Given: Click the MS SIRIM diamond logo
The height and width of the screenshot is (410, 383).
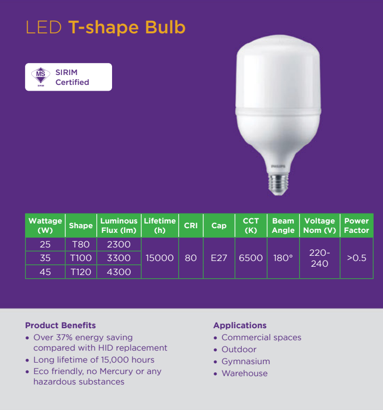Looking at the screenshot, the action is point(41,77).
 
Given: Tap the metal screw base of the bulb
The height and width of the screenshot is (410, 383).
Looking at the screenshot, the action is point(278,184).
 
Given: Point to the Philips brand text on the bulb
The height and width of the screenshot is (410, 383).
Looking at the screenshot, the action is point(278,166).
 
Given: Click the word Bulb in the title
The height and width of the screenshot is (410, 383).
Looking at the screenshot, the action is point(165,27).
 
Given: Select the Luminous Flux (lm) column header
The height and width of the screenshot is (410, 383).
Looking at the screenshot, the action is point(119,226).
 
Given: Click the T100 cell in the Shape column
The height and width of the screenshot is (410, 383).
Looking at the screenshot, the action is point(81,258).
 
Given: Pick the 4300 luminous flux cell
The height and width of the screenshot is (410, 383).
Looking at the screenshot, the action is point(119,272).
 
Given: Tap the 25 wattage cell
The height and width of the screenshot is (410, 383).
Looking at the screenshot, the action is point(45,244).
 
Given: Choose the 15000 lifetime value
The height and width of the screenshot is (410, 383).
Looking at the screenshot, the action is point(159,258).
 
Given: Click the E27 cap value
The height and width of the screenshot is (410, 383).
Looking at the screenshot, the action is point(219,258).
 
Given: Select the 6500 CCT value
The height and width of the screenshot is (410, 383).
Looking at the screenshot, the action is point(251,258).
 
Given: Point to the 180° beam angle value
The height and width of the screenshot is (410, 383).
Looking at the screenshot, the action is point(283,258).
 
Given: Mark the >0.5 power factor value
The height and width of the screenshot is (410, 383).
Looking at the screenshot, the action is point(356,258).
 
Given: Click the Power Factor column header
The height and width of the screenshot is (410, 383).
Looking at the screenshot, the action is point(356,226).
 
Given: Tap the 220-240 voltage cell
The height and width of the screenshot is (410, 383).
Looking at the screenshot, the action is point(319,258).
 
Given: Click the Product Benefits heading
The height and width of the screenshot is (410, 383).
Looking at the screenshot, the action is point(60,325).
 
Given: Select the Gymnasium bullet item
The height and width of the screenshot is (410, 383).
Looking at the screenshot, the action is point(245,362).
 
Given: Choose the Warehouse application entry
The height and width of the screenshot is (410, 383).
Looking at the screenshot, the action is point(244,374).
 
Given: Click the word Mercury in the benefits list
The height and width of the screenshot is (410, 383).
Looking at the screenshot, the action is point(116,371).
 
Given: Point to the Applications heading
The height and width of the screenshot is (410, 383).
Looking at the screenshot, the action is point(240,325).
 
